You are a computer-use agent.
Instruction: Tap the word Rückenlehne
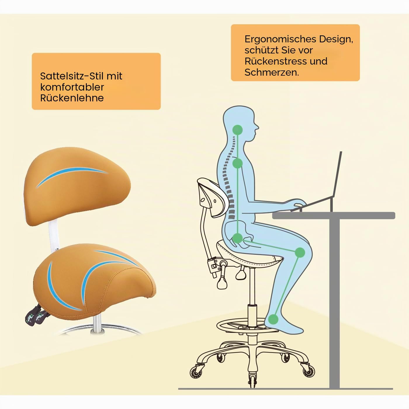point(72,98)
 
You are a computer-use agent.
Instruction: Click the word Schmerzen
point(272,72)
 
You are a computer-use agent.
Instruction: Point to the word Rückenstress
point(275,61)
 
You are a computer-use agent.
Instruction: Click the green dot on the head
point(238,130)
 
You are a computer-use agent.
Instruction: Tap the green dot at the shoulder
point(238,163)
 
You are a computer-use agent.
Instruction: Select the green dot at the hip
point(238,238)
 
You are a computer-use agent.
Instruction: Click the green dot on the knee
point(300,252)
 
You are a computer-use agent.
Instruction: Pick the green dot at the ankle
point(273,319)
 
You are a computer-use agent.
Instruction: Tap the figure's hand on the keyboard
point(299,203)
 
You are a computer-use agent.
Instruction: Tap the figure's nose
point(257,127)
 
